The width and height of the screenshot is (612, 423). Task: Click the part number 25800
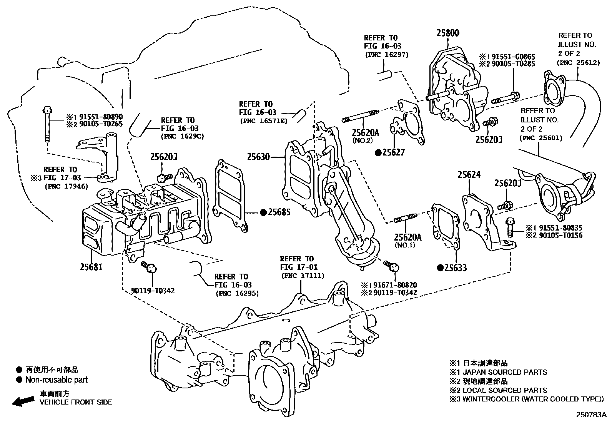(x=447, y=33)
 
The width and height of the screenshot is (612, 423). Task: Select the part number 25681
(x=91, y=266)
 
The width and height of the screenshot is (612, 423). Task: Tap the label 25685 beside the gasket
(x=279, y=212)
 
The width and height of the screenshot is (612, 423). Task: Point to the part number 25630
(x=258, y=157)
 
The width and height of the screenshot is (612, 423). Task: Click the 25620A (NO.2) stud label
(x=366, y=133)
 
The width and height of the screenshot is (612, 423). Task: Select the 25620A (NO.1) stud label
(x=407, y=237)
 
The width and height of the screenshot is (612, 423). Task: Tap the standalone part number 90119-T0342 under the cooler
(x=153, y=291)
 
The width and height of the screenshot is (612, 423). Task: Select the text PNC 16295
(x=237, y=293)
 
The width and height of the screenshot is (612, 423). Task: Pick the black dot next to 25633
(x=441, y=268)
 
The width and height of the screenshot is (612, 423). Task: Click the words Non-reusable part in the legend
(x=56, y=380)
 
